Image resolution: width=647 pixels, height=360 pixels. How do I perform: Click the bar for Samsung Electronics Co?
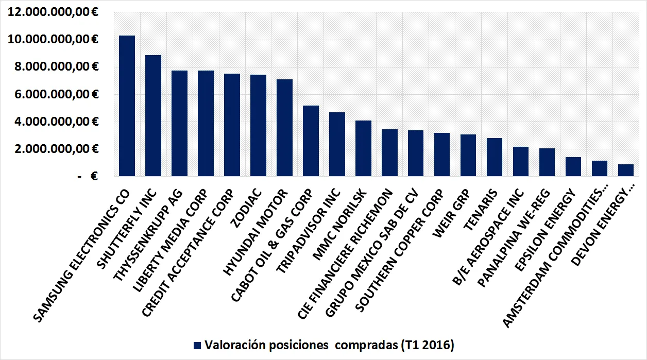(127, 106)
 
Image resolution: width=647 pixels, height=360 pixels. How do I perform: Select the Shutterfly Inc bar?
(153, 116)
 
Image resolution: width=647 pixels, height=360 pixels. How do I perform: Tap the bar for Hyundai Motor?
(284, 128)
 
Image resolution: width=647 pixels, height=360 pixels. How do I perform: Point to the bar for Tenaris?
(495, 157)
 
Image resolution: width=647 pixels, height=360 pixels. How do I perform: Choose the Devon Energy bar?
(626, 170)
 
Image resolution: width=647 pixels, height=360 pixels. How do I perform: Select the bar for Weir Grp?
(468, 156)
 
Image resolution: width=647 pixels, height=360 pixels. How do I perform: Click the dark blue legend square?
(197, 345)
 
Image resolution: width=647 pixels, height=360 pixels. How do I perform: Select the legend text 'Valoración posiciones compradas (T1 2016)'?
(329, 345)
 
